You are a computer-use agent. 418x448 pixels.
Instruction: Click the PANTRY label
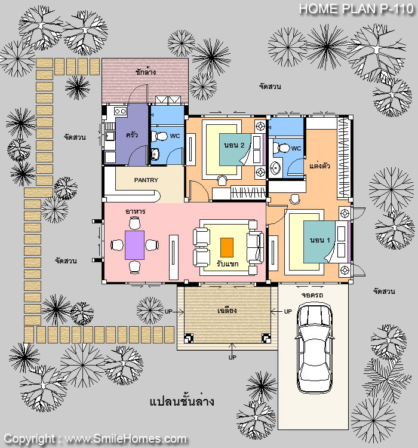[x=146, y=180]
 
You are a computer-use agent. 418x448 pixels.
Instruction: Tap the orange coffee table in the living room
[x=227, y=247]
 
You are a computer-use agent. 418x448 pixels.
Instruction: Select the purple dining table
[x=134, y=245]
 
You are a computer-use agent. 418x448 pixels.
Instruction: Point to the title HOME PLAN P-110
[x=356, y=8]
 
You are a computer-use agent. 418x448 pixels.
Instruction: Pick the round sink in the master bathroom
[x=275, y=168]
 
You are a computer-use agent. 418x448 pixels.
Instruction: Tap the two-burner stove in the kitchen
[x=120, y=111]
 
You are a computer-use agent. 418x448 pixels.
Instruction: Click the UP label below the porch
[x=232, y=357]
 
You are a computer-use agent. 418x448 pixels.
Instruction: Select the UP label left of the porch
[x=168, y=311]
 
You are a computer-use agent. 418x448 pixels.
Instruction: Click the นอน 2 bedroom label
[x=234, y=145]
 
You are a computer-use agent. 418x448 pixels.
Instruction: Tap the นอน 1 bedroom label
[x=319, y=240]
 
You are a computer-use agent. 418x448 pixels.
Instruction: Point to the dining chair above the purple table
[x=134, y=223]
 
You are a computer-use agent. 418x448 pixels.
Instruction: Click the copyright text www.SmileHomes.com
[x=125, y=438]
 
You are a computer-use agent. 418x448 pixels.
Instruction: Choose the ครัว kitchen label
[x=132, y=134]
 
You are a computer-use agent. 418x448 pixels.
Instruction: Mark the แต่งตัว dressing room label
[x=319, y=165]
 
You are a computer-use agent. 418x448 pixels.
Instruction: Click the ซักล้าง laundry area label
[x=146, y=72]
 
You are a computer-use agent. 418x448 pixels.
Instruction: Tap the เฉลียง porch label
[x=227, y=310]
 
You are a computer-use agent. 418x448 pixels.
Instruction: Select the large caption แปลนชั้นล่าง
[x=182, y=401]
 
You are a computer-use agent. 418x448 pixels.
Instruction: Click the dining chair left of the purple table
[x=117, y=245]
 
